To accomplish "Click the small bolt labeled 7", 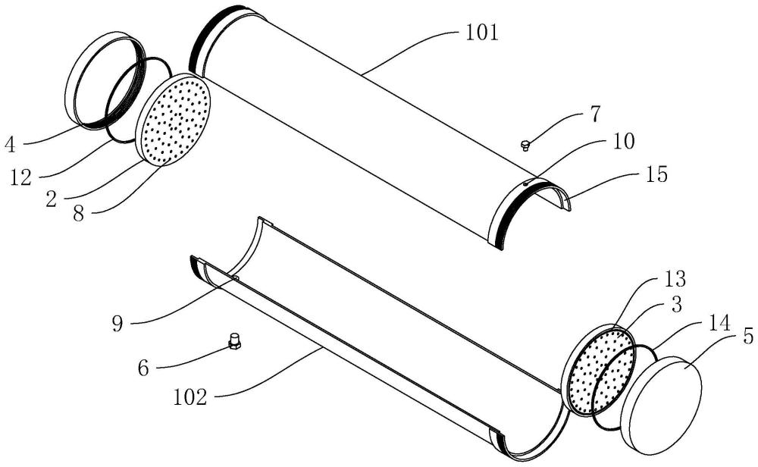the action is pos(525,144).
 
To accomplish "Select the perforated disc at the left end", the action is pos(174,119).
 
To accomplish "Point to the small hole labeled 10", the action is pos(526,183).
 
